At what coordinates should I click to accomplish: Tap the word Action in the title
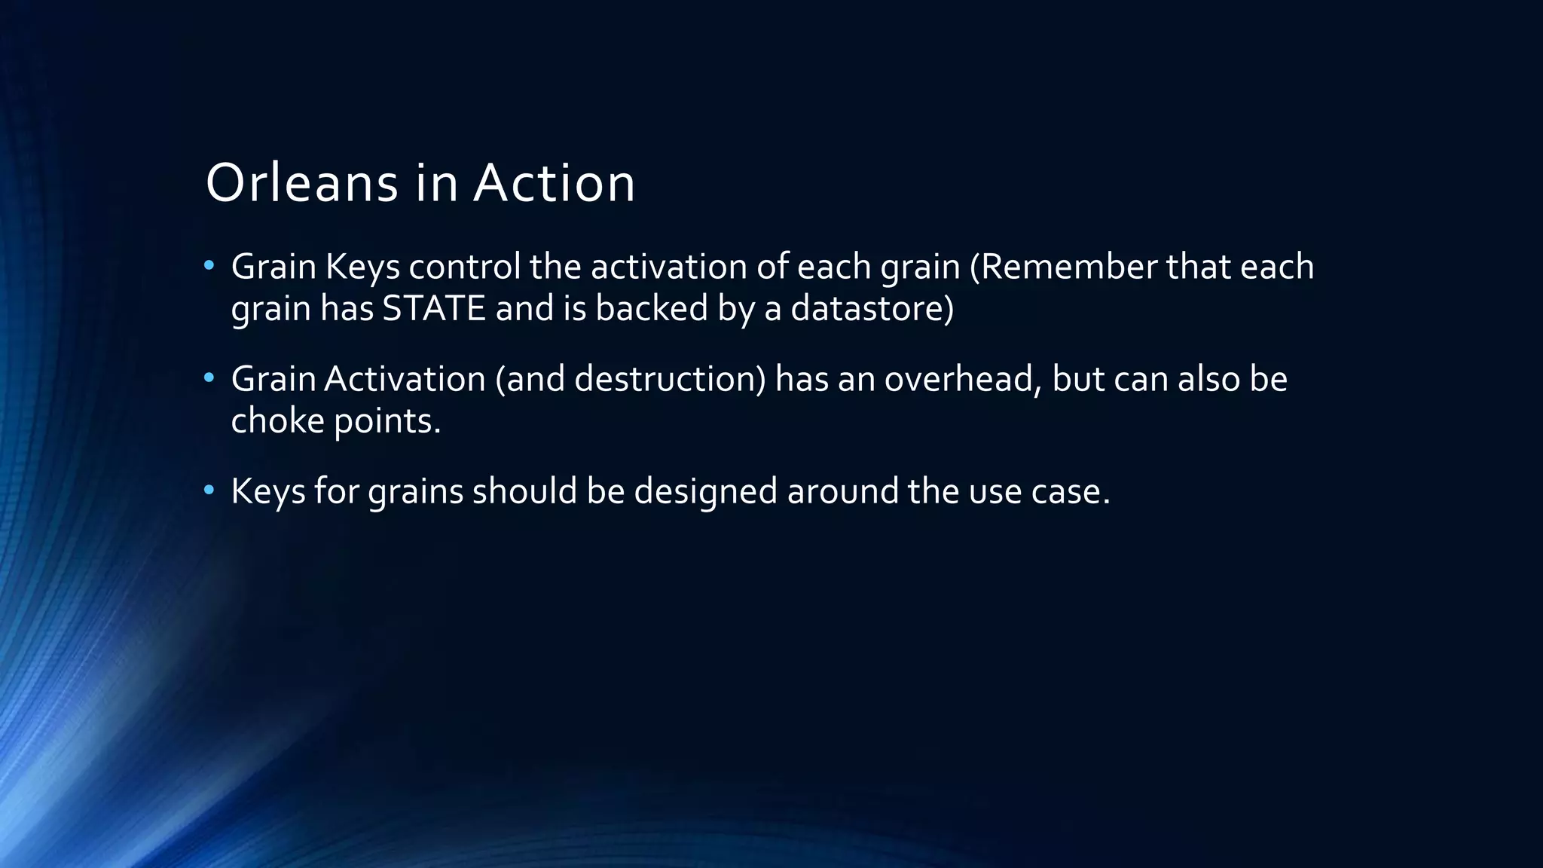(x=554, y=183)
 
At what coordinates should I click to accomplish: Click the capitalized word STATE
(x=434, y=308)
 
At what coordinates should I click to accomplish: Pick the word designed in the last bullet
(x=705, y=492)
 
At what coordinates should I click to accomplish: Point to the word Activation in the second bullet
(x=405, y=378)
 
